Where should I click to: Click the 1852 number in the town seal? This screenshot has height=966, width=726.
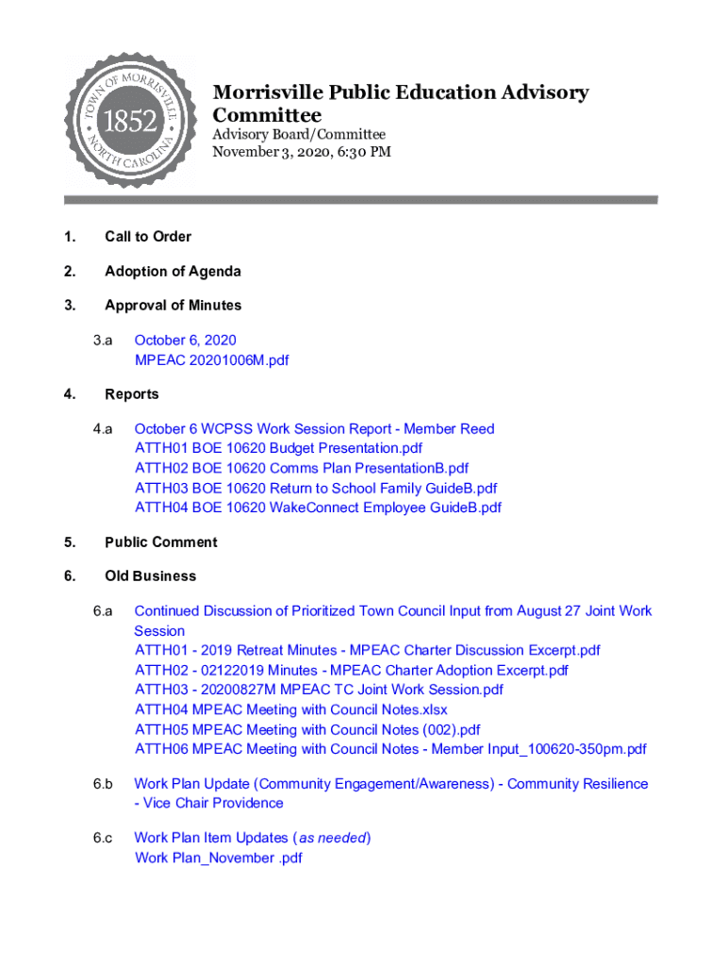(x=129, y=121)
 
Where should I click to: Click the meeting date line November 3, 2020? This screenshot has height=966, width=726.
(x=301, y=152)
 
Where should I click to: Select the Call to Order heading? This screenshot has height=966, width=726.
(x=148, y=237)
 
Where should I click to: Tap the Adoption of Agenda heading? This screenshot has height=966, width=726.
(x=173, y=272)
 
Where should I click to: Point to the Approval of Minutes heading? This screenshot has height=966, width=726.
(x=173, y=306)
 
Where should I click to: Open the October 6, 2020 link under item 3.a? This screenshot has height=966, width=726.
(x=185, y=340)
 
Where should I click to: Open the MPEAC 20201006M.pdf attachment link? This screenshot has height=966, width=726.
(x=211, y=359)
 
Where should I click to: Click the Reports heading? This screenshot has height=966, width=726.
(x=131, y=394)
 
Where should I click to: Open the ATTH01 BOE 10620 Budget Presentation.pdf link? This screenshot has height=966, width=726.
(x=278, y=448)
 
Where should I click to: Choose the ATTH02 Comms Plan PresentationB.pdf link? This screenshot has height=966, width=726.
(x=301, y=468)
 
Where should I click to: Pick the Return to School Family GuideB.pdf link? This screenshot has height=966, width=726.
(x=316, y=488)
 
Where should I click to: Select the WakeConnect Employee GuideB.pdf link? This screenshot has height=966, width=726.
(x=318, y=508)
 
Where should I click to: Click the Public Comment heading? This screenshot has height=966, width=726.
(x=160, y=542)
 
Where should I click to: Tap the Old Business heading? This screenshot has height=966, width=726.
(x=150, y=576)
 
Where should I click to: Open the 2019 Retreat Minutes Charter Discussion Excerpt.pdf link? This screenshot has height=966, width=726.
(x=367, y=650)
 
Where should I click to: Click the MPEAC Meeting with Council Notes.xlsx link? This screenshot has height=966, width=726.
(x=290, y=709)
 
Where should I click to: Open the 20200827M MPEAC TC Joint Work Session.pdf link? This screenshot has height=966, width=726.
(x=319, y=690)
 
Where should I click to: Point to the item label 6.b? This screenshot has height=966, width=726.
(x=103, y=784)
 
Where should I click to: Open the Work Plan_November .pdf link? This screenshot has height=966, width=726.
(x=218, y=858)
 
